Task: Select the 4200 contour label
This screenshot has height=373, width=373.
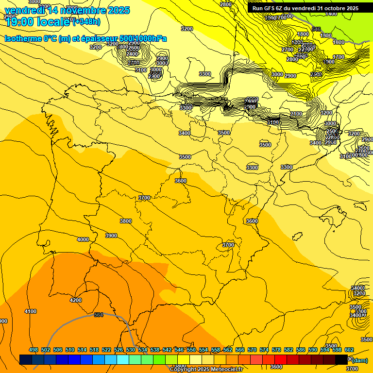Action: tap(76, 300)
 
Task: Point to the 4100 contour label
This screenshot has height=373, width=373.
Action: tap(31, 311)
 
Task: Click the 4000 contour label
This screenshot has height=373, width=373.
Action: tap(83, 239)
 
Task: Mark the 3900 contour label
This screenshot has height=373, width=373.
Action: tap(111, 236)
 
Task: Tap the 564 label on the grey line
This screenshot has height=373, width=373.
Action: tap(99, 315)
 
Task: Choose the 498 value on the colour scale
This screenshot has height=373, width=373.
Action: tap(34, 350)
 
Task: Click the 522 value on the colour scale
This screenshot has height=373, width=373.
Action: tap(106, 350)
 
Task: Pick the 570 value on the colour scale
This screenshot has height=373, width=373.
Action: tap(252, 350)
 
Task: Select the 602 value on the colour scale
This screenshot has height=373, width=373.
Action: tap(349, 350)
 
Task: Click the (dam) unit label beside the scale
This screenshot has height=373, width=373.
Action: tap(360, 360)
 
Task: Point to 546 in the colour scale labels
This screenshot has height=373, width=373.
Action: tap(179, 350)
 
